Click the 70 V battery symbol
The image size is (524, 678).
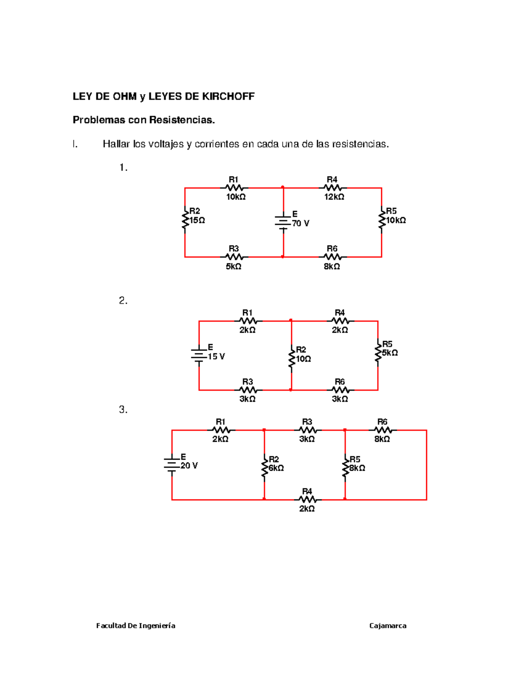click(283, 222)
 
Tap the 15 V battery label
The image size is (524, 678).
click(216, 357)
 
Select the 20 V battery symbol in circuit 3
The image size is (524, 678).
click(172, 465)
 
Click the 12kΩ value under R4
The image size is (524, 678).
click(334, 197)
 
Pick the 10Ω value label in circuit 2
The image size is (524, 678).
click(303, 359)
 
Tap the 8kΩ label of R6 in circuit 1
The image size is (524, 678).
click(332, 266)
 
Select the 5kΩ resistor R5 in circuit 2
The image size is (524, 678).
click(378, 352)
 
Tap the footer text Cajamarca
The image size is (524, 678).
click(388, 626)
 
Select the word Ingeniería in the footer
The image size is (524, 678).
click(157, 626)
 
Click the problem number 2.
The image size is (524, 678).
click(123, 300)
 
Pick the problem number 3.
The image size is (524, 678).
click(123, 410)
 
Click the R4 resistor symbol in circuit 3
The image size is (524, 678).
click(307, 499)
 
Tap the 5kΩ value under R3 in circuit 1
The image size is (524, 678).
click(234, 266)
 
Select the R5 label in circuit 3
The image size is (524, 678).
click(355, 459)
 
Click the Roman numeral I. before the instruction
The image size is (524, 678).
click(75, 144)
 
